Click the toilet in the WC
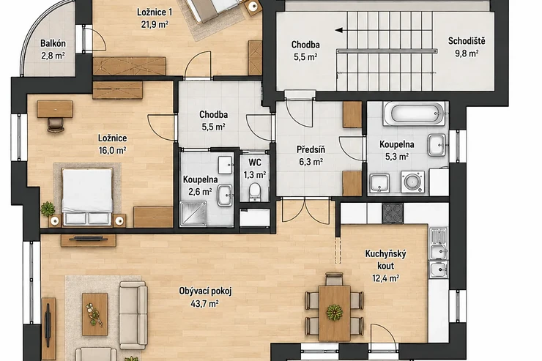point(255,191)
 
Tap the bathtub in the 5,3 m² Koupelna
point(413,113)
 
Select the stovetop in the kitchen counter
point(393,213)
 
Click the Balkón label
point(53,43)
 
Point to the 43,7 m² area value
point(204,304)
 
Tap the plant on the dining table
point(335,312)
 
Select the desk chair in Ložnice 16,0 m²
point(56,124)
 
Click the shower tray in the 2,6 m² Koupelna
point(193,214)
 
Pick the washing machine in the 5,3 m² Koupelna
point(412,182)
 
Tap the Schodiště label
point(467,41)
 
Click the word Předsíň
point(311,149)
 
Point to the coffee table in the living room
point(94,314)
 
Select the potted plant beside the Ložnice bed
point(48,209)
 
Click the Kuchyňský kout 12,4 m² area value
point(386,278)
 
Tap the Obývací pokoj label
point(205,291)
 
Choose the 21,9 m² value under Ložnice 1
point(155,24)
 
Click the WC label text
point(255,163)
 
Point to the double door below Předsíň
point(306,210)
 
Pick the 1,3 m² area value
point(255,175)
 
